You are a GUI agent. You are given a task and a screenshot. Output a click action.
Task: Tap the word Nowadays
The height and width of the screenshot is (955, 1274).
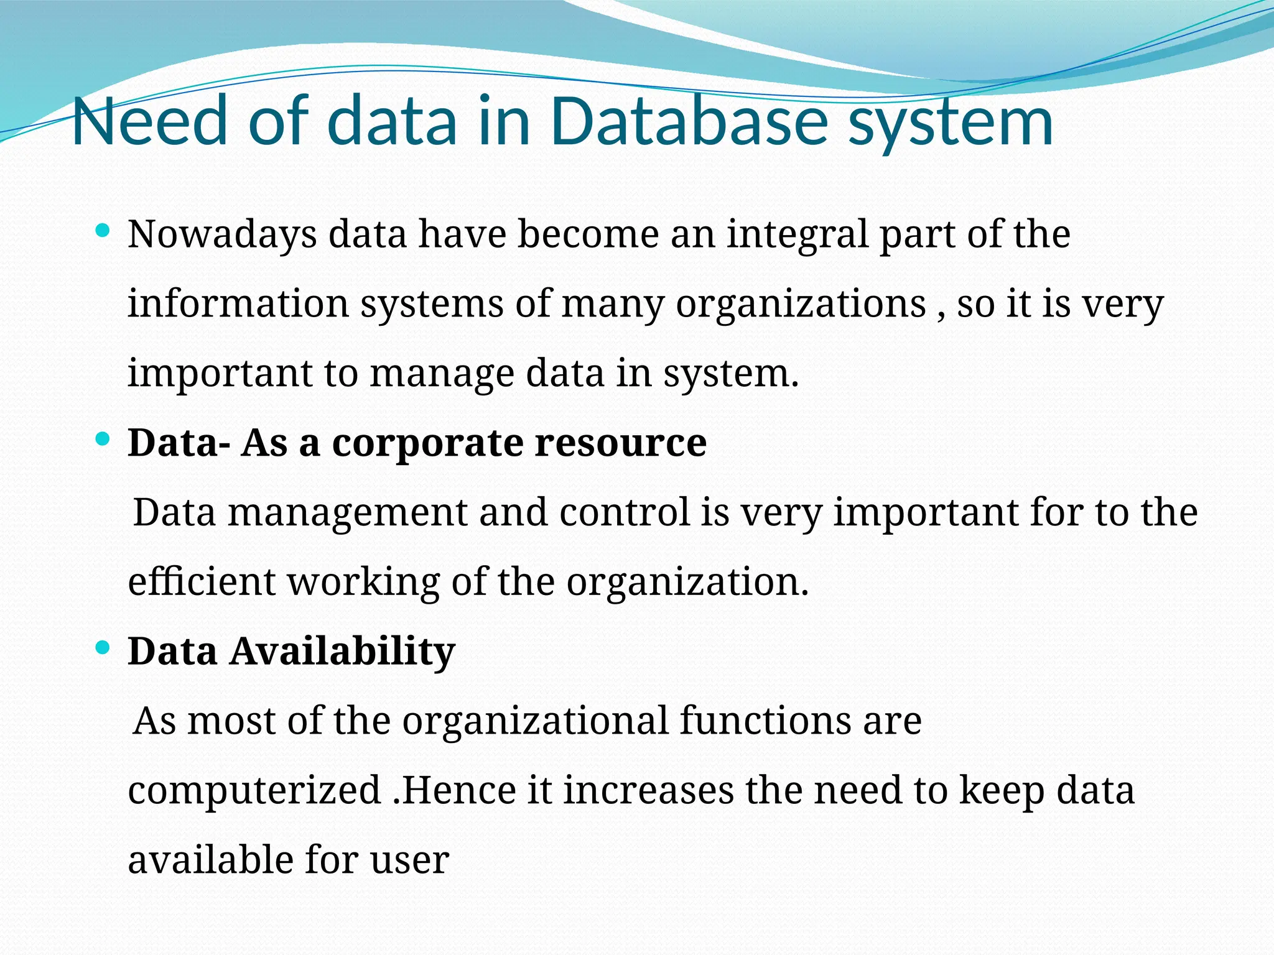(222, 236)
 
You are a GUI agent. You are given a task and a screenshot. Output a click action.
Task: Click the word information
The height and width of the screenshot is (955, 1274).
(238, 304)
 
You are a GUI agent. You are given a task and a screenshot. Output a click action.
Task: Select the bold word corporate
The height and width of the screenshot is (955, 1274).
(427, 443)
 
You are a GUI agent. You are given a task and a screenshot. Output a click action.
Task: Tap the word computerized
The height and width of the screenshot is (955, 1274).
(254, 791)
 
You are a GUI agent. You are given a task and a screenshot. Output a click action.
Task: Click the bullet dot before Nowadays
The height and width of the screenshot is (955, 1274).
(103, 232)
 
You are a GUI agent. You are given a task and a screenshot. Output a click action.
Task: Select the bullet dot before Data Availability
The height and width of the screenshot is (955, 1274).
(103, 648)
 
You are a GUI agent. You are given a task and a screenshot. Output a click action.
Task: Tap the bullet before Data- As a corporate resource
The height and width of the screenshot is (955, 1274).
(103, 440)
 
